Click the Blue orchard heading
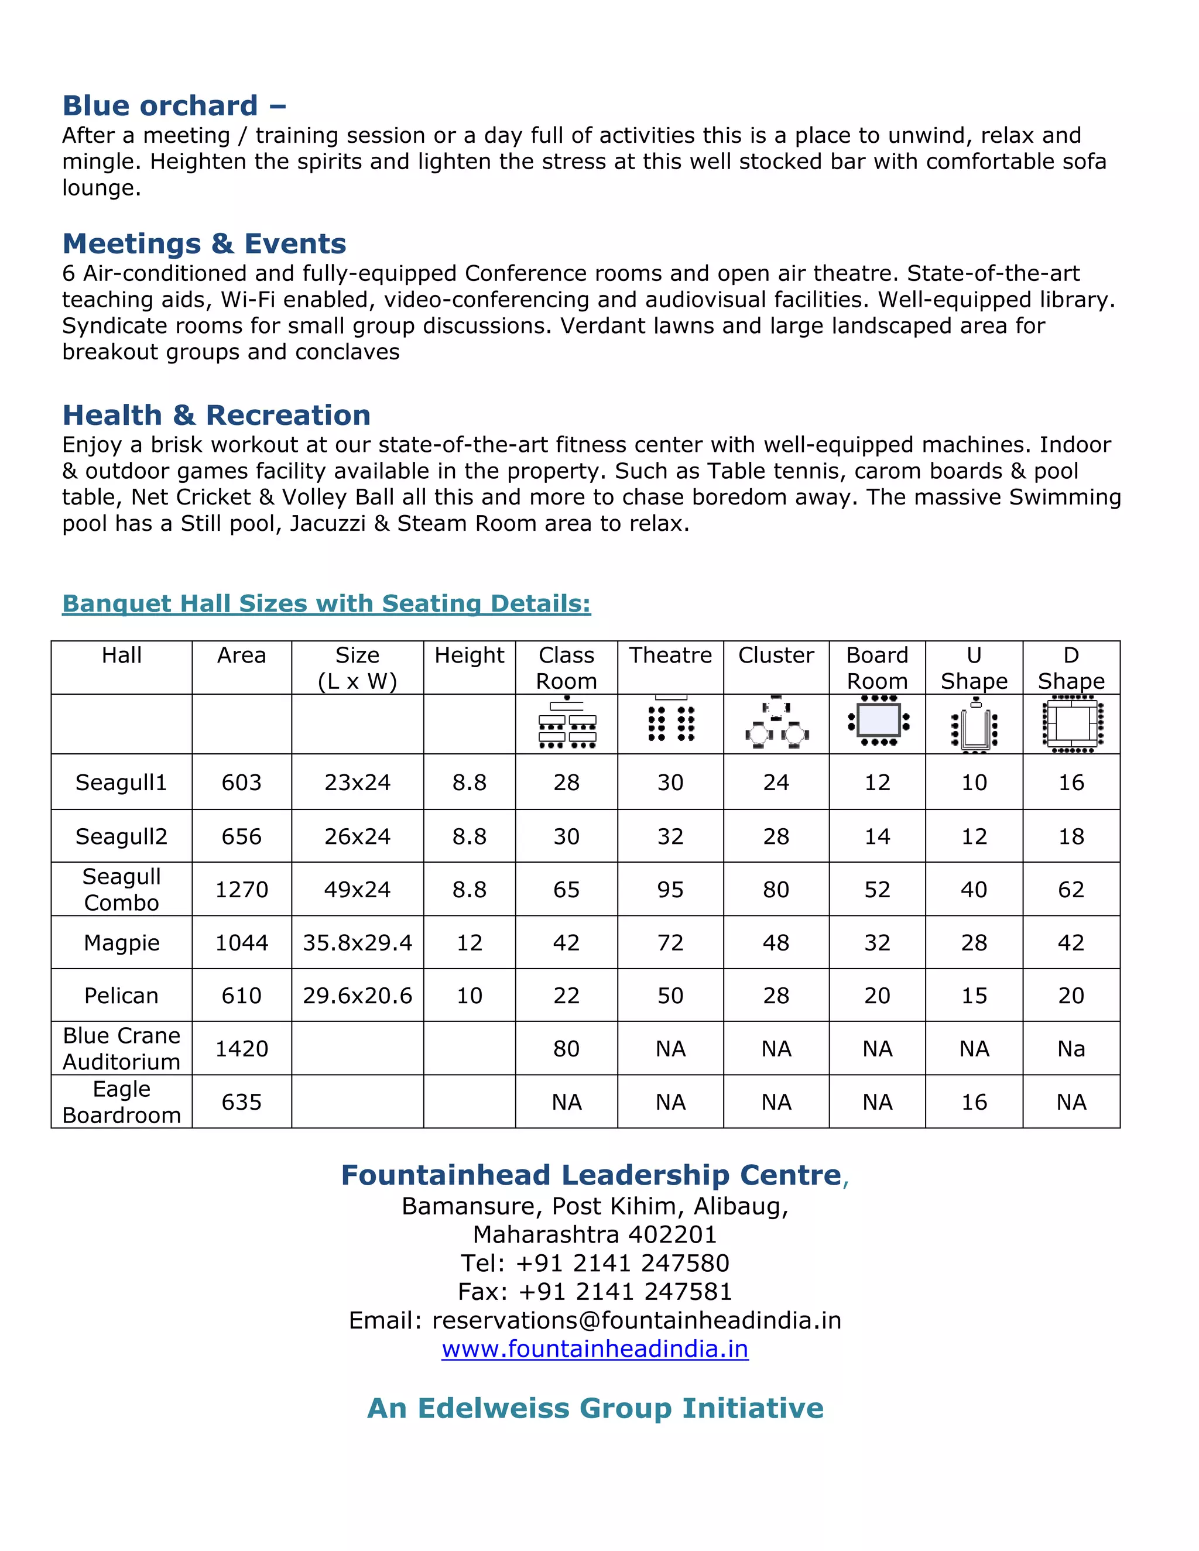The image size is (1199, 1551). pyautogui.click(x=174, y=106)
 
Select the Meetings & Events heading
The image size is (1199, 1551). pyautogui.click(x=204, y=243)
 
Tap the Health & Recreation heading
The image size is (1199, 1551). pyautogui.click(x=217, y=416)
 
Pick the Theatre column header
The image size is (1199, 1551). pyautogui.click(x=670, y=655)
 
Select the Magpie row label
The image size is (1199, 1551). pyautogui.click(x=121, y=942)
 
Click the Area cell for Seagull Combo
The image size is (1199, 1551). pyautogui.click(x=242, y=889)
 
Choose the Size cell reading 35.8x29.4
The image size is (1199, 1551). pyautogui.click(x=357, y=942)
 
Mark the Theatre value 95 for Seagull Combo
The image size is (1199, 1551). pyautogui.click(x=670, y=889)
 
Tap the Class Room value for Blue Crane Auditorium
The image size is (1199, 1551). pyautogui.click(x=566, y=1049)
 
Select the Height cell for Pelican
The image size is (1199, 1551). pyautogui.click(x=469, y=996)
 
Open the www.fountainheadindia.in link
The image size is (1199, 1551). pyautogui.click(x=595, y=1348)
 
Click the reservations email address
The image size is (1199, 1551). pyautogui.click(x=636, y=1320)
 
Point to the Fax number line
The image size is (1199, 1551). pyautogui.click(x=595, y=1291)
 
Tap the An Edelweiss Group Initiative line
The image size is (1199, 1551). pyautogui.click(x=595, y=1408)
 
